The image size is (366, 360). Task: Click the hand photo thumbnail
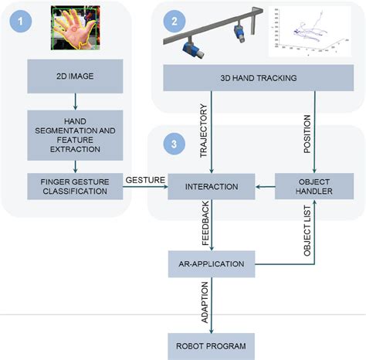point(75,27)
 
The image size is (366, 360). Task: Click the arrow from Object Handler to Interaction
point(264,185)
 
